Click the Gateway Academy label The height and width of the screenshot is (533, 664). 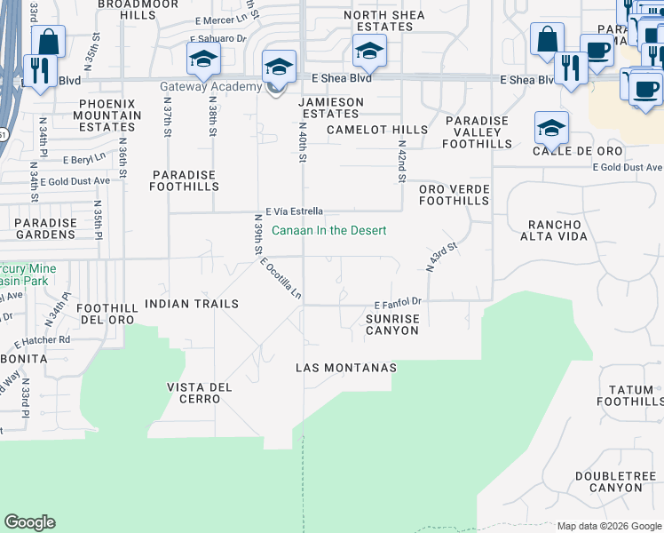[210, 86]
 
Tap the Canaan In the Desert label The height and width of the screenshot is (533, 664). [328, 231]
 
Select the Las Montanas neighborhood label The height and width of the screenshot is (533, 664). [345, 368]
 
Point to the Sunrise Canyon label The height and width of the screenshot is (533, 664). [392, 323]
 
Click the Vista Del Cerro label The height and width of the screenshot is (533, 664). [199, 393]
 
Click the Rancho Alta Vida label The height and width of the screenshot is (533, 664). [558, 231]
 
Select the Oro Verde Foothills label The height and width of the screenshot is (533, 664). [455, 195]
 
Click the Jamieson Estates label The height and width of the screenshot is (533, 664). [330, 108]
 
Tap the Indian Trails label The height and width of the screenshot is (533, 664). [192, 304]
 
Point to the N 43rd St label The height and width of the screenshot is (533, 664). [441, 257]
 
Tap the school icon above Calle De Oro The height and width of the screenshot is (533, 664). [551, 128]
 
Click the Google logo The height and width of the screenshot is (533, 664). [30, 522]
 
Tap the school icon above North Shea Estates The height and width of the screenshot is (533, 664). [368, 51]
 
